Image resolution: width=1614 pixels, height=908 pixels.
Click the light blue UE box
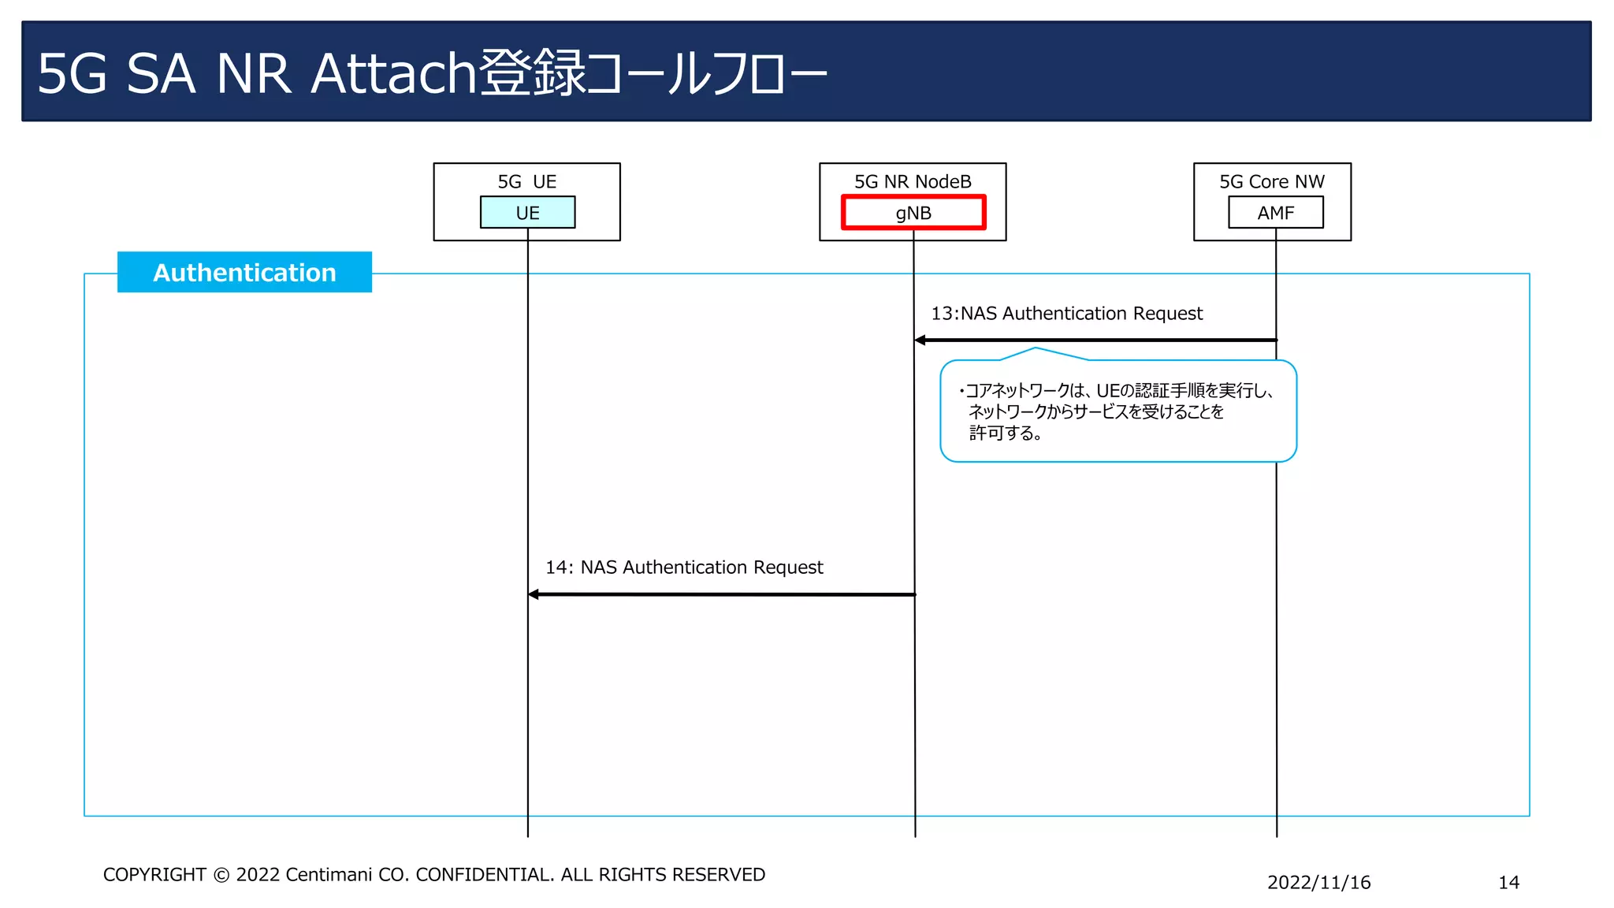[527, 212]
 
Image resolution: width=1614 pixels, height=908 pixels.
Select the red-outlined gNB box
[913, 212]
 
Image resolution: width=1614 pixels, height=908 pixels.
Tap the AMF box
[1276, 212]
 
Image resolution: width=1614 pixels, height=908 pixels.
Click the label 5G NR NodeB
[913, 181]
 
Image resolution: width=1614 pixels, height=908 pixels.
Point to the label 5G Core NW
[1272, 181]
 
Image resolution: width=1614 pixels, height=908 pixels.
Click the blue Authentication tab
[244, 272]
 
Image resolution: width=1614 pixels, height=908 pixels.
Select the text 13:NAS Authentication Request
[1066, 314]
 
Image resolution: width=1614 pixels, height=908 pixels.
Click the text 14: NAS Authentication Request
[684, 567]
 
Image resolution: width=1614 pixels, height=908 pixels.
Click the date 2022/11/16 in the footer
[1318, 883]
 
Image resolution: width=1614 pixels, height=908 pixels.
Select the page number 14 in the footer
[1508, 883]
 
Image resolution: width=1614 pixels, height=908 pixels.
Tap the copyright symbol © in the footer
[221, 875]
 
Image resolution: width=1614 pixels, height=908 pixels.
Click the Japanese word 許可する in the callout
[1001, 433]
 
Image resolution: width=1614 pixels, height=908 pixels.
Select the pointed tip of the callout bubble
[1036, 348]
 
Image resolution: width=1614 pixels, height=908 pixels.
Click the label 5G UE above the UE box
[526, 181]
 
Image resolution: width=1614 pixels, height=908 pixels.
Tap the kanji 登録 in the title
[533, 73]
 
